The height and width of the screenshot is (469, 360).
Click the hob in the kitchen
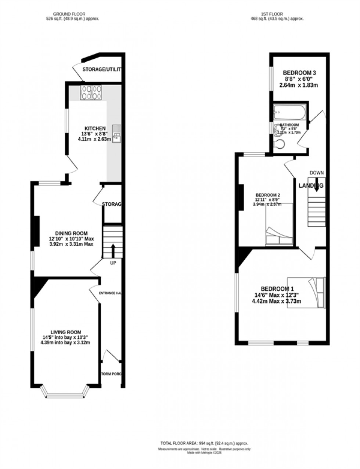tap(91, 92)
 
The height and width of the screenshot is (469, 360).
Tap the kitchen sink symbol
tap(117, 134)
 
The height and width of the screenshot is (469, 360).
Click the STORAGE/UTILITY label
tap(101, 69)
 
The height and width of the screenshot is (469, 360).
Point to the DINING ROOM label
tap(71, 233)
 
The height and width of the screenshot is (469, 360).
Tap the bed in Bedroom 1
tap(306, 292)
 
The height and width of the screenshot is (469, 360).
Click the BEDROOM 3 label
tap(299, 73)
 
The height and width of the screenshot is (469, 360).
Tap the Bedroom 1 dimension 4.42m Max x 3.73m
tap(276, 302)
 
